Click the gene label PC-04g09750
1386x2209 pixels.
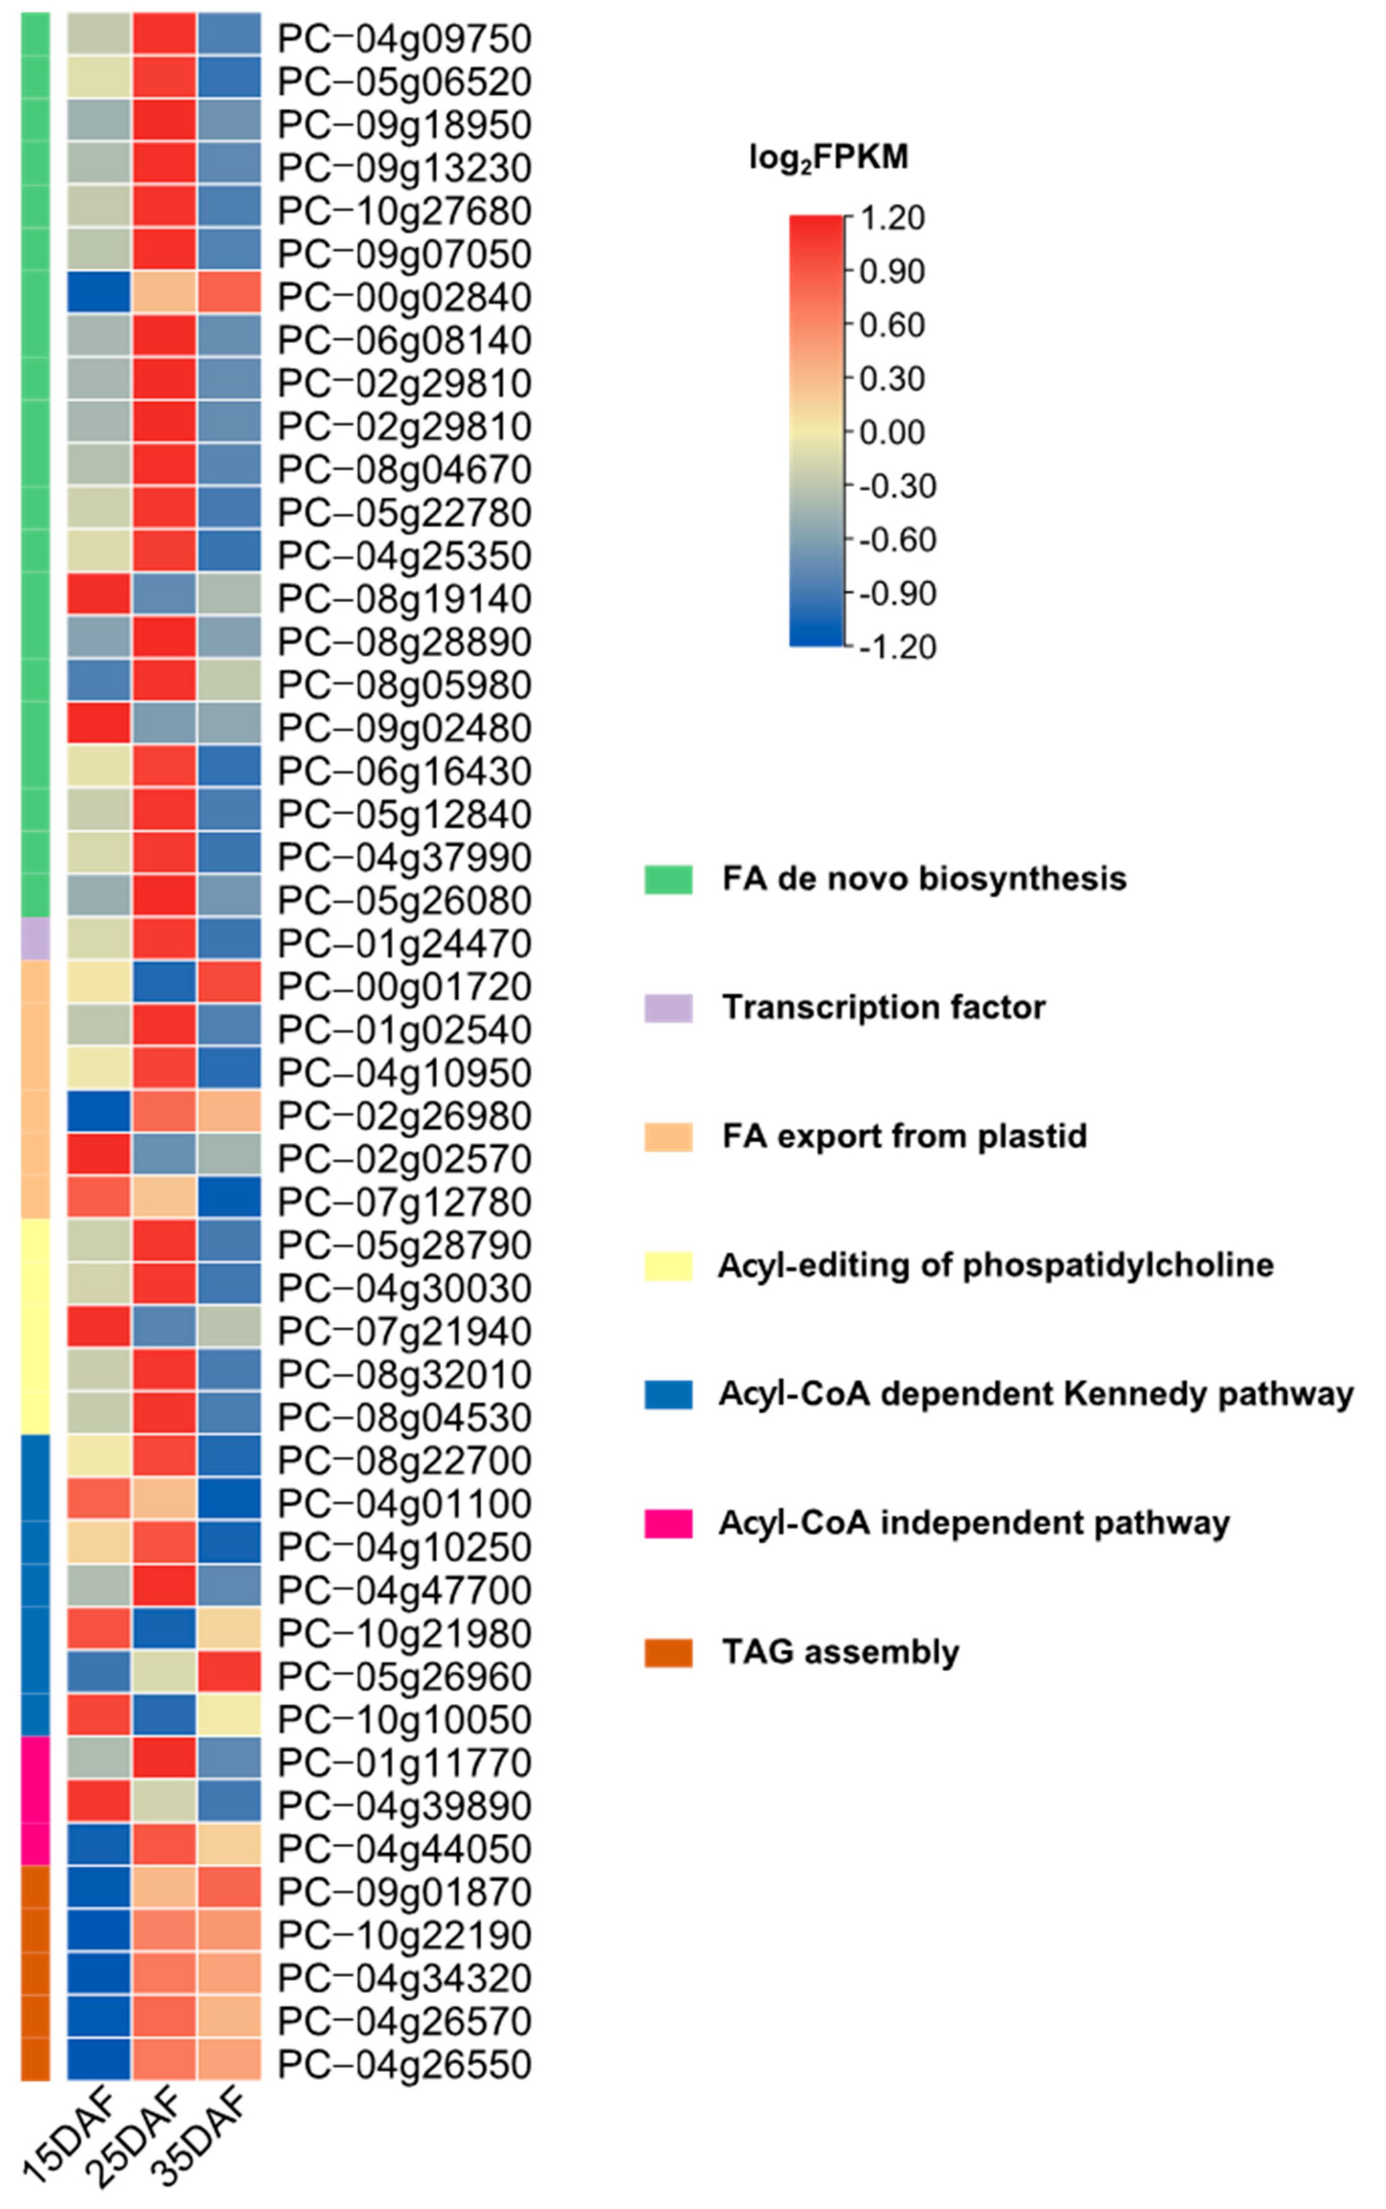tap(404, 38)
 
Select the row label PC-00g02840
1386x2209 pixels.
tap(404, 297)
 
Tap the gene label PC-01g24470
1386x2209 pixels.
tap(404, 943)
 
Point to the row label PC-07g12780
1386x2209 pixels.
tap(404, 1202)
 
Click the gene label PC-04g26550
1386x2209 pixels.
tap(404, 2064)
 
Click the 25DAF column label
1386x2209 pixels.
tap(133, 2136)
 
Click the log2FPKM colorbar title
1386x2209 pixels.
tap(828, 157)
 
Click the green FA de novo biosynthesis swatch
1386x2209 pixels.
tap(668, 878)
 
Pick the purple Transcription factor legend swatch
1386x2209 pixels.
tap(668, 1008)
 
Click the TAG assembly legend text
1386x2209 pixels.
tap(841, 1652)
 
